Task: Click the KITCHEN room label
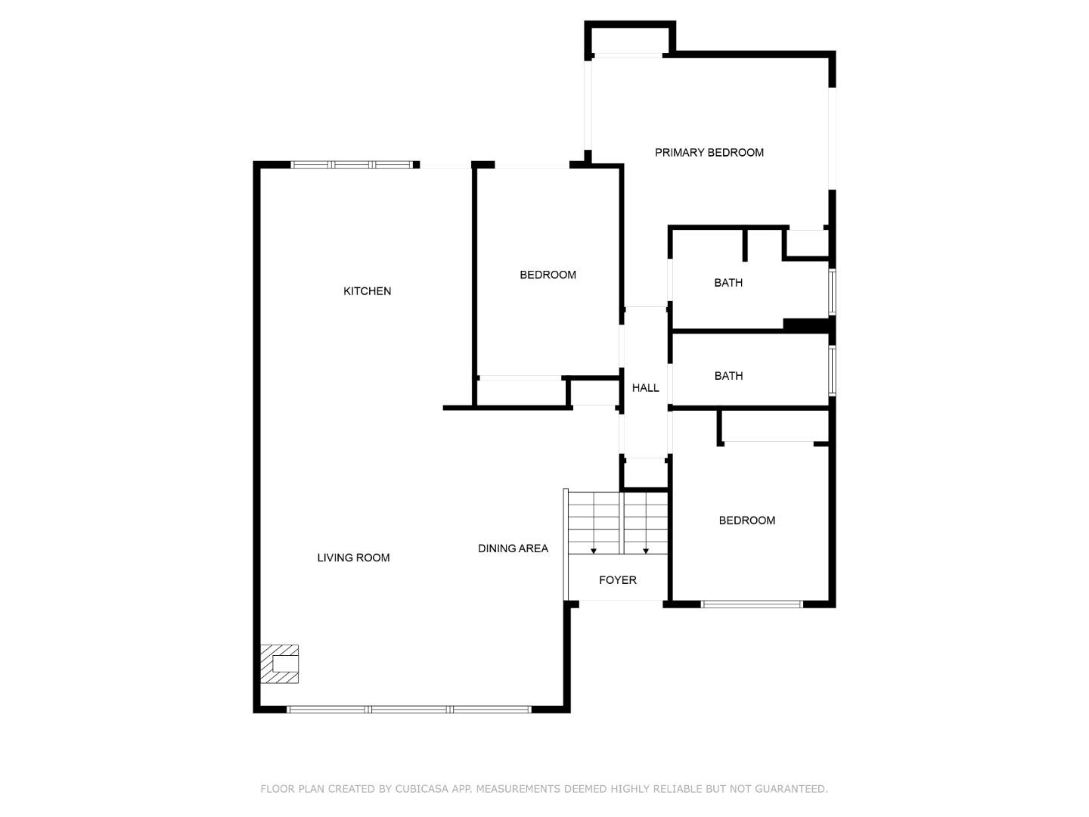pos(367,291)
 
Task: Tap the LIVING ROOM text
pos(353,558)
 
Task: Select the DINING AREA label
pos(513,548)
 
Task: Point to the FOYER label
pos(617,580)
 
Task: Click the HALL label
pos(645,388)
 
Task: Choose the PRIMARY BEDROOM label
pos(709,153)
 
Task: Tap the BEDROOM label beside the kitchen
pos(548,275)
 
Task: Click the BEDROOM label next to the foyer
pos(746,520)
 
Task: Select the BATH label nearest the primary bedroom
pos(728,283)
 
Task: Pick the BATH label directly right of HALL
pos(728,376)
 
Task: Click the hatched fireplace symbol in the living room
pos(279,664)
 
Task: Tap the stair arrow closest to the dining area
pos(594,550)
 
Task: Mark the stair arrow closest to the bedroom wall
pos(646,550)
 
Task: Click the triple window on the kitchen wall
pos(352,165)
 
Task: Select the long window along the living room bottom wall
pos(409,710)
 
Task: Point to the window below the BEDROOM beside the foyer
pos(752,604)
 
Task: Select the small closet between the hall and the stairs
pos(644,474)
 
